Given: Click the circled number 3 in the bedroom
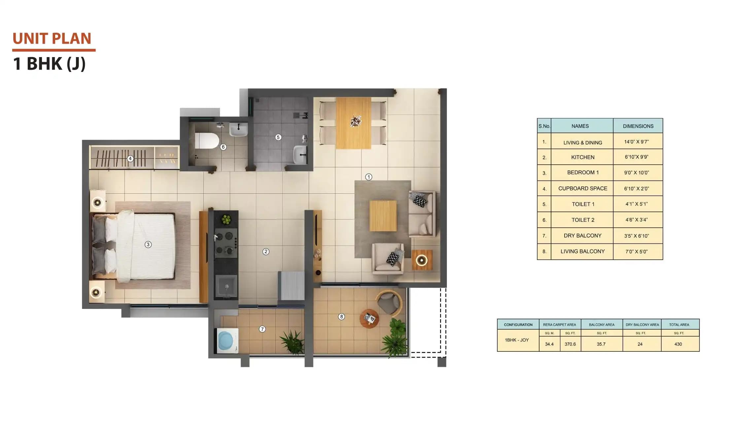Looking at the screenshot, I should click(x=148, y=244).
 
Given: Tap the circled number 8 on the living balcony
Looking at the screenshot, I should click(x=341, y=317).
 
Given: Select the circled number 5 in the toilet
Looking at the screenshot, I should click(x=278, y=137).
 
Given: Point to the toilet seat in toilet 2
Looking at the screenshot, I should click(x=207, y=141).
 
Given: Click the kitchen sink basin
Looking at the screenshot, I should click(x=226, y=286).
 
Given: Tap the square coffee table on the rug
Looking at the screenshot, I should click(x=383, y=216).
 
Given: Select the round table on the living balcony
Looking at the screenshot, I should click(x=369, y=319).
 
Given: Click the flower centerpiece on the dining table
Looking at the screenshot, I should click(x=356, y=121).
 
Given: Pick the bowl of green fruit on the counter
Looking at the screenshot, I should click(x=226, y=219).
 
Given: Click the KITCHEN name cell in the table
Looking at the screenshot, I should click(x=582, y=157).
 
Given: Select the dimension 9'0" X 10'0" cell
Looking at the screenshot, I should click(x=636, y=173).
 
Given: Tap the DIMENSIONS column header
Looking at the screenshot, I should click(x=638, y=126).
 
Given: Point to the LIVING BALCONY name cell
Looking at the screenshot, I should click(x=582, y=251).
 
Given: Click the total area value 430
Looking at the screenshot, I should click(x=678, y=344).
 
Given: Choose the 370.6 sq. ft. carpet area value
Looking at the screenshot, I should click(x=570, y=344).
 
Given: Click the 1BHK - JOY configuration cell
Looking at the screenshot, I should click(x=517, y=340).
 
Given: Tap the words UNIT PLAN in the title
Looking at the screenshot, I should click(x=52, y=39).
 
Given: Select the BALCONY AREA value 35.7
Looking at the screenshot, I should click(x=601, y=344).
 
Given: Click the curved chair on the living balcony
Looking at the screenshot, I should click(x=390, y=302).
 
